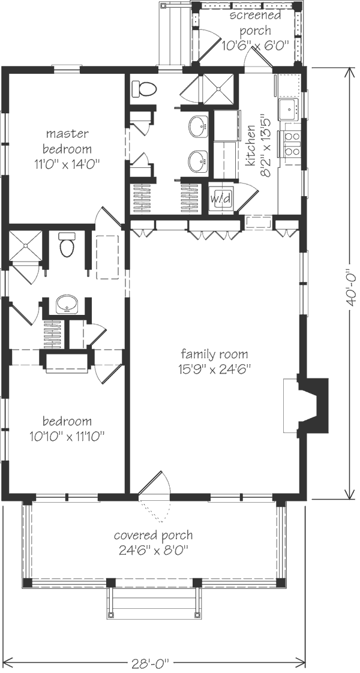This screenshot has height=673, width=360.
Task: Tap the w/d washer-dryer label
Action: (221, 199)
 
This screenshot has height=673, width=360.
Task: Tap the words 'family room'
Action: (214, 354)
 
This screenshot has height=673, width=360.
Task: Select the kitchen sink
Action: (289, 109)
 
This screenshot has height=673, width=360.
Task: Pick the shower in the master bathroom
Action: (218, 89)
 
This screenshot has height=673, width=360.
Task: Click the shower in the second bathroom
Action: (25, 246)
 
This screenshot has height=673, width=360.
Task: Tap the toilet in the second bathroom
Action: (67, 245)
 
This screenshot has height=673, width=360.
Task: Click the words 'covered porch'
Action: (153, 536)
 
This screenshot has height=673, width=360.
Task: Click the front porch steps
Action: (154, 603)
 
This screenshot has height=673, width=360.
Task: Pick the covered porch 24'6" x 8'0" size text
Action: (153, 550)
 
